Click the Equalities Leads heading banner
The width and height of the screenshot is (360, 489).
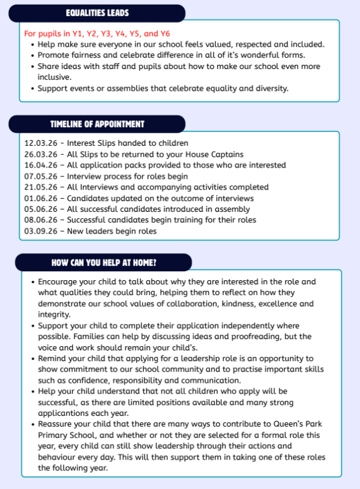point(97,13)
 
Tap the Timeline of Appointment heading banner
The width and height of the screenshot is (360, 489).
point(97,124)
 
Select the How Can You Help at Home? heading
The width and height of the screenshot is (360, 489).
point(103,262)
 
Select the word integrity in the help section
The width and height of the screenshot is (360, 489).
point(53,314)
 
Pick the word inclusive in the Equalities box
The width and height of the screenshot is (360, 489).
point(55,77)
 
